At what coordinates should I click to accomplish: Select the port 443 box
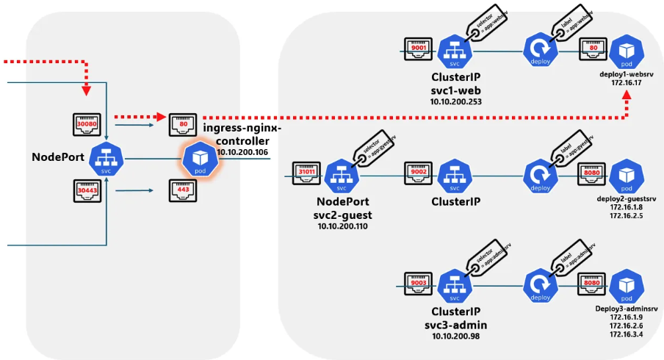click(183, 191)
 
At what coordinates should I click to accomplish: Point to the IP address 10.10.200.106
click(242, 151)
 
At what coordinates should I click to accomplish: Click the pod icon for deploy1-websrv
click(627, 50)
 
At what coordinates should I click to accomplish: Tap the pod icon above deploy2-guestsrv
click(627, 174)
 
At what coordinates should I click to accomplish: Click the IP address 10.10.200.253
click(455, 102)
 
